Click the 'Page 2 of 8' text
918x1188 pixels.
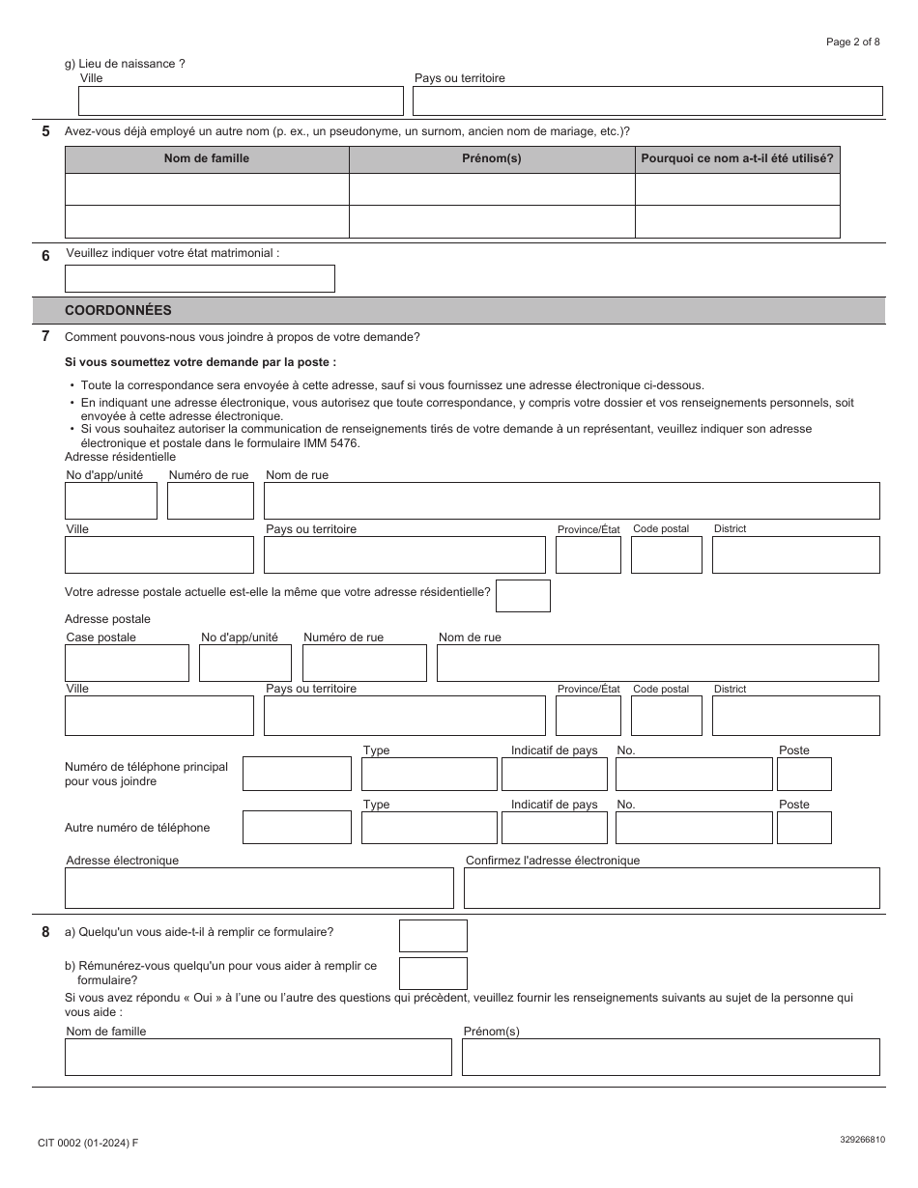[x=852, y=42]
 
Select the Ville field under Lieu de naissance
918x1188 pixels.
[x=241, y=101]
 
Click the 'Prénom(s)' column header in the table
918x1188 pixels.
[x=491, y=158]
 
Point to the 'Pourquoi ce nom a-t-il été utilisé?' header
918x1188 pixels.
[x=737, y=158]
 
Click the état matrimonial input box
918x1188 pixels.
[x=199, y=279]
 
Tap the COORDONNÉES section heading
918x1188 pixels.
[x=118, y=311]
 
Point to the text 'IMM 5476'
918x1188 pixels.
[x=332, y=443]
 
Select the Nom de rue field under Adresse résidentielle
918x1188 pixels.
[x=571, y=501]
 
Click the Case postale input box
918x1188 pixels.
[x=127, y=664]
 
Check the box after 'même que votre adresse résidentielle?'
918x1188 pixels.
[x=523, y=596]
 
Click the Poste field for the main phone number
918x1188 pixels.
[x=804, y=775]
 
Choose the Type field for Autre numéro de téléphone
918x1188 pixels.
[x=429, y=828]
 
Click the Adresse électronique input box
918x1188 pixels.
[x=259, y=889]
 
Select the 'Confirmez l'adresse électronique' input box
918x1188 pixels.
[x=672, y=889]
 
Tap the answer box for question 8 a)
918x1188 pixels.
[x=433, y=936]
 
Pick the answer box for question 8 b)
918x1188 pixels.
[x=433, y=974]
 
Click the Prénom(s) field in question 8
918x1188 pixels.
[x=671, y=1058]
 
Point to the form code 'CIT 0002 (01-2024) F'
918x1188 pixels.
[x=88, y=1143]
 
